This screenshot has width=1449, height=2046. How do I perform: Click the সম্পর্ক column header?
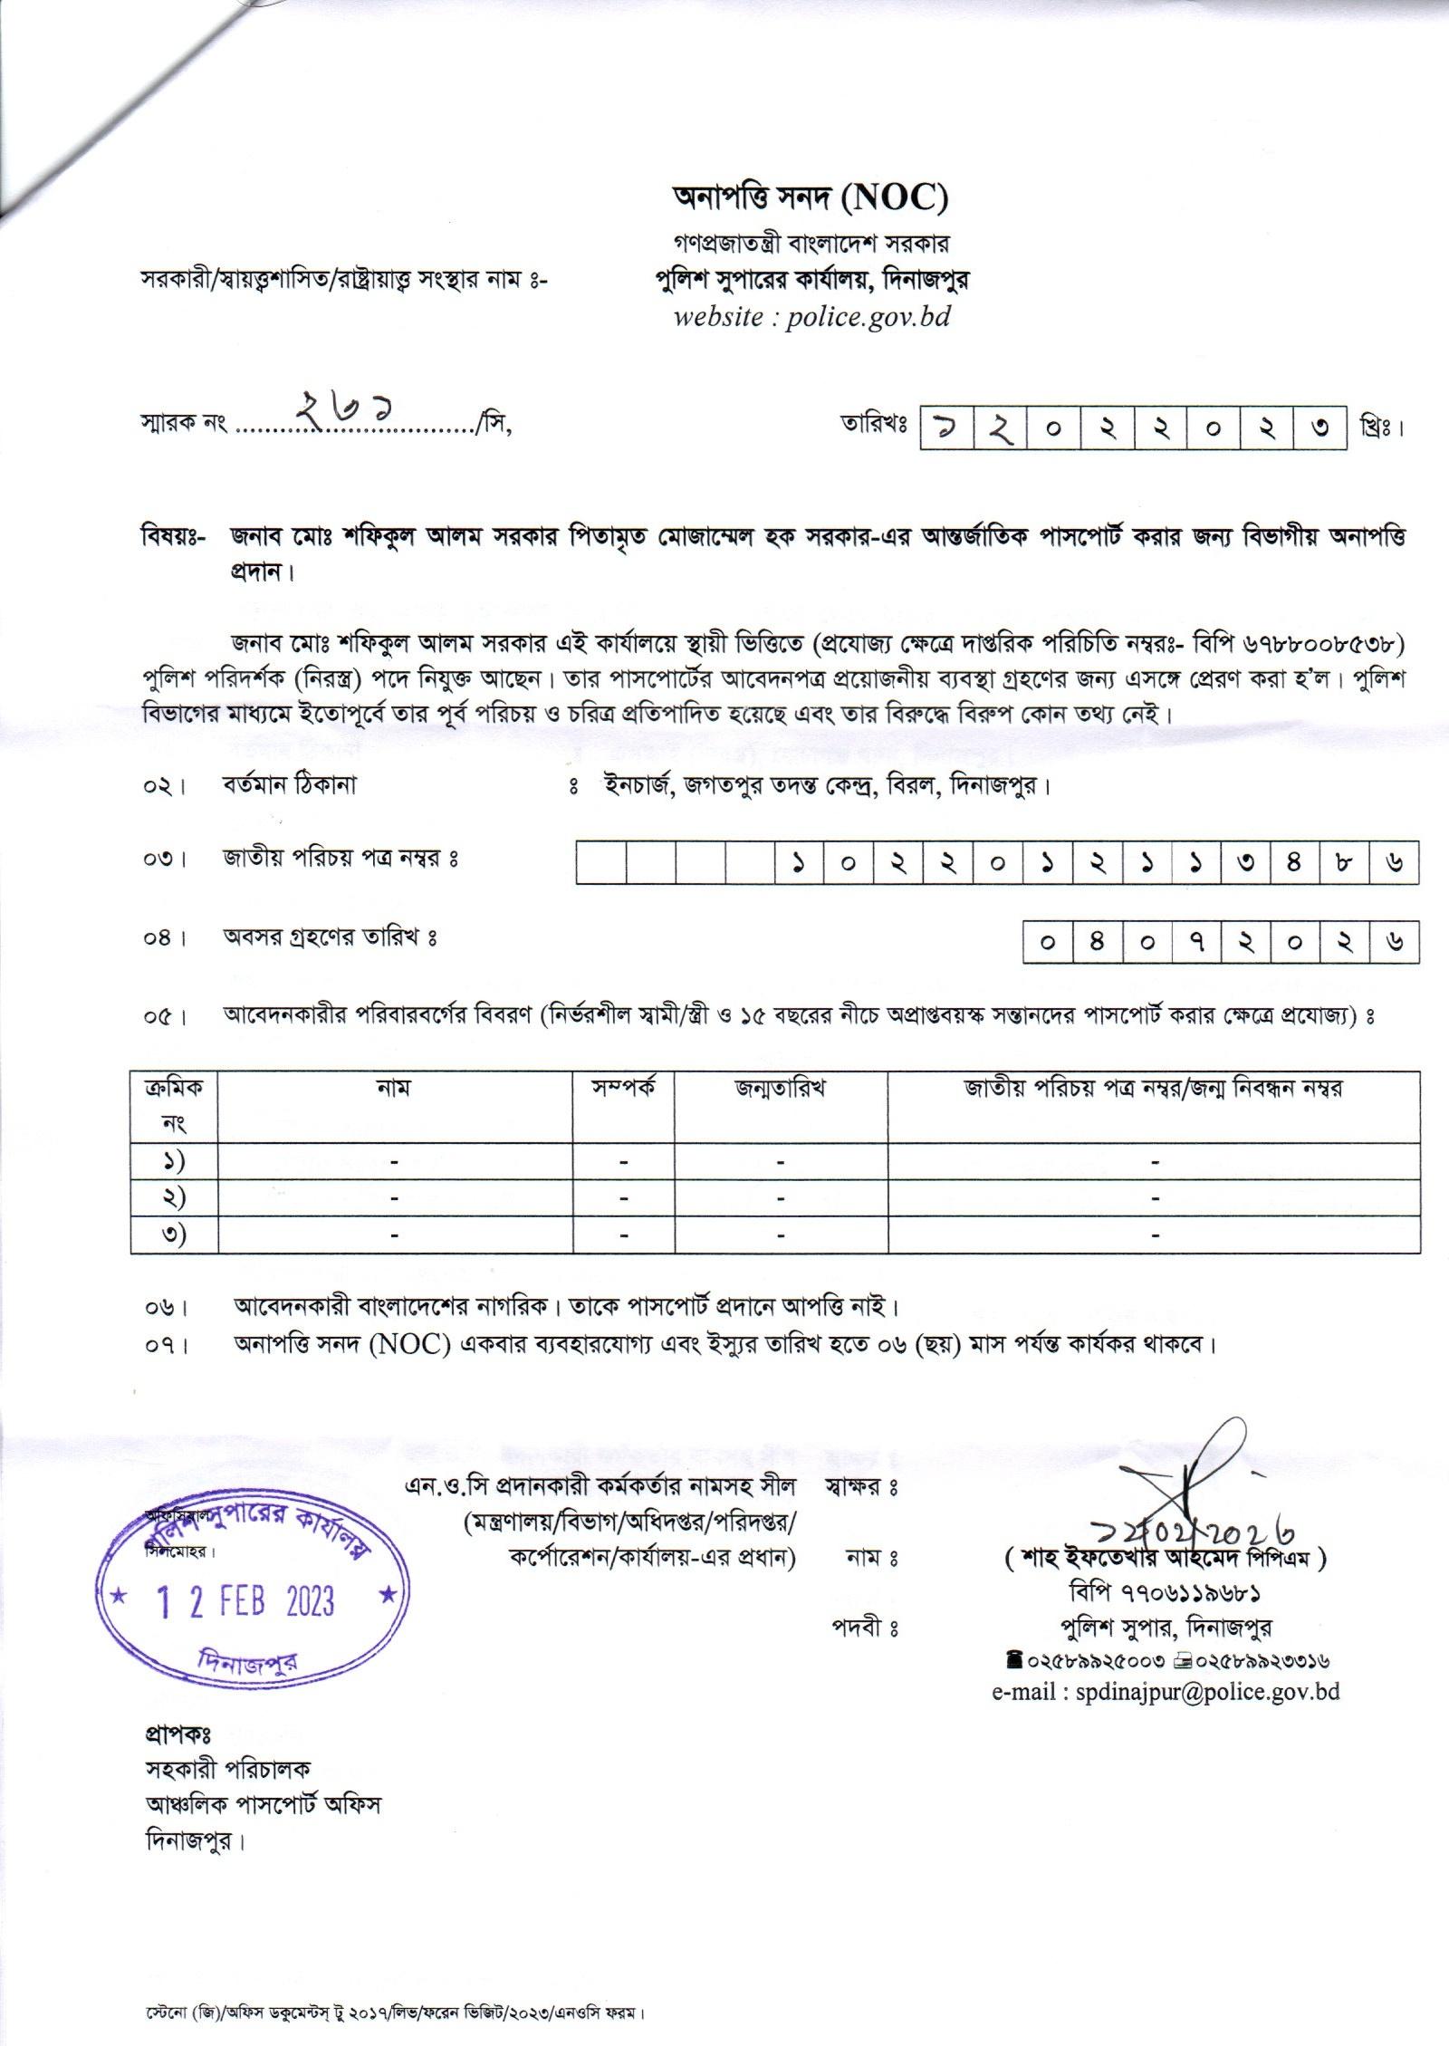coord(624,1088)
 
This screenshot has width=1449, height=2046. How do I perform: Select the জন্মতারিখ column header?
coord(780,1088)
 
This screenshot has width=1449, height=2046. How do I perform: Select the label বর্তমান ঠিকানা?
coord(290,784)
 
